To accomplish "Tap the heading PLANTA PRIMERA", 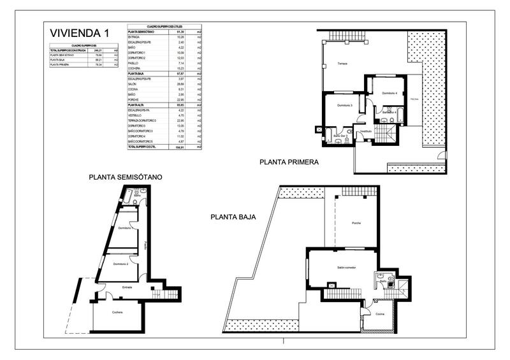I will coord(289,162).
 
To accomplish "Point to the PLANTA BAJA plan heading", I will coord(233,217).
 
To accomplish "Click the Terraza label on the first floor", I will coord(342,72).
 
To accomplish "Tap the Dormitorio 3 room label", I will coord(345,104).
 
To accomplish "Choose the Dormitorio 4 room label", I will coord(390,94).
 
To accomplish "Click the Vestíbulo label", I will coord(365,131).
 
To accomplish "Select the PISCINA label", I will coord(414,100).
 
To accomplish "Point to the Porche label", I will coord(356,222).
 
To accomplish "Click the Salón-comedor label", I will coord(347,268).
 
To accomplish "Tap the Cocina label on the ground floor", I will coord(380,315).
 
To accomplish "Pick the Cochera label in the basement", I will coord(117,312).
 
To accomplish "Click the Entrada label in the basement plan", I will coord(127,287).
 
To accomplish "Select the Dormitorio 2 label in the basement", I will coord(121,264).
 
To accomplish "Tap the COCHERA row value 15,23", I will coord(180,68).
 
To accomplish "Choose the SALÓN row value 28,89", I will coord(180,83).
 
